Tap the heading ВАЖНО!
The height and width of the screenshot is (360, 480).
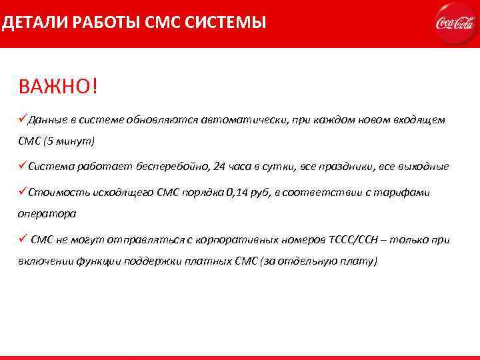pyautogui.click(x=58, y=87)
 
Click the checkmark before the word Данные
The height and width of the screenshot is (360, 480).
pyautogui.click(x=22, y=119)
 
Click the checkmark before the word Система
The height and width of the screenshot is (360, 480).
pyautogui.click(x=22, y=165)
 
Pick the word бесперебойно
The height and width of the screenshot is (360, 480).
pyautogui.click(x=168, y=166)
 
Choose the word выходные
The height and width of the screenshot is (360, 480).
pyautogui.click(x=425, y=166)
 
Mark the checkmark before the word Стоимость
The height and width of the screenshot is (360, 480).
pyautogui.click(x=22, y=192)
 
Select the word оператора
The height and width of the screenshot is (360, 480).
pyautogui.click(x=47, y=215)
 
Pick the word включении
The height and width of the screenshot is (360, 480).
pyautogui.click(x=45, y=261)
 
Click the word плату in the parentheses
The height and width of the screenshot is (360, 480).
pyautogui.click(x=358, y=261)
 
